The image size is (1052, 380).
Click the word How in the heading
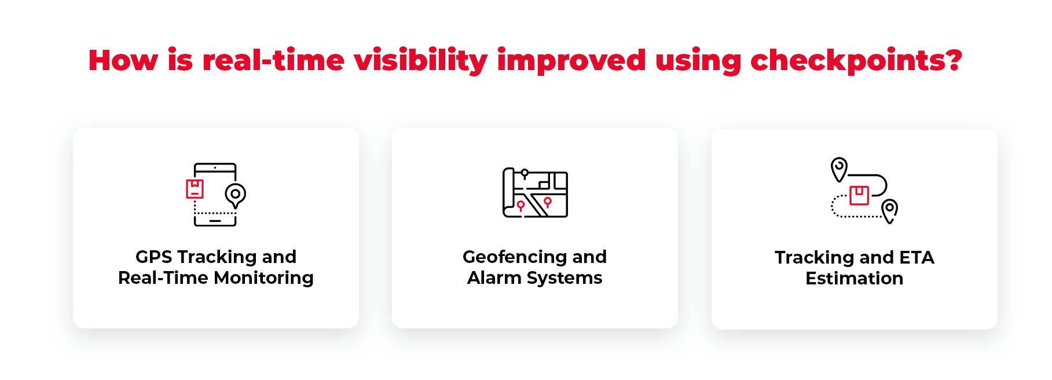tap(123, 60)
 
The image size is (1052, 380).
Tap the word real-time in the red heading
tap(273, 60)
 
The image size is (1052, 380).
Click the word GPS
tap(154, 257)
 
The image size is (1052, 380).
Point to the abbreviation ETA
tap(917, 257)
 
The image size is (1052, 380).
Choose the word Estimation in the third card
tap(854, 279)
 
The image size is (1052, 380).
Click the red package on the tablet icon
tap(195, 189)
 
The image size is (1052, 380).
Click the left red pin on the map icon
tap(520, 206)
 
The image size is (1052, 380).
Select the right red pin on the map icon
tap(548, 202)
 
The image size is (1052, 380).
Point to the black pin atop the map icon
tap(525, 173)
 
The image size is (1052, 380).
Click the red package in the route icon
tap(859, 195)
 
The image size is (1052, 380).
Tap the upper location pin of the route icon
tap(838, 169)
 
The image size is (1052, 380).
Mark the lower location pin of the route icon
tap(889, 210)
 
